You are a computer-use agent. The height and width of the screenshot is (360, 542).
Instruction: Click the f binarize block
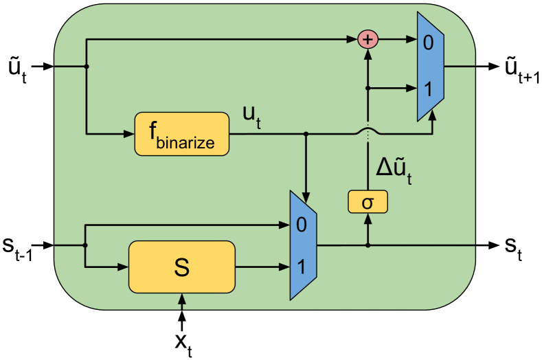[x=181, y=133]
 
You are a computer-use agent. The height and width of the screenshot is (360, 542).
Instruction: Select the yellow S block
[x=181, y=267]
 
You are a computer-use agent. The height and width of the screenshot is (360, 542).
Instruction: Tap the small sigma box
[x=368, y=202]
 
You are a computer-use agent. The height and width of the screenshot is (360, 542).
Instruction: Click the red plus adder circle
[x=368, y=40]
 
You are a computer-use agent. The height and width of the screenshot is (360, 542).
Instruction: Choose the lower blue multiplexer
[x=303, y=245]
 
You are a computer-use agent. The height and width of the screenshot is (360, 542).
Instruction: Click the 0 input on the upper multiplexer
[x=428, y=43]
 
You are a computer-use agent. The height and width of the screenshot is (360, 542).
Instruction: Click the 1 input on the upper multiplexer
[x=428, y=89]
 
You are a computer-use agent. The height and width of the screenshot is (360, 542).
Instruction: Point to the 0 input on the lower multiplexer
[x=300, y=224]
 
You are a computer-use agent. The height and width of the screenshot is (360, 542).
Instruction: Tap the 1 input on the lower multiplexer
[x=300, y=267]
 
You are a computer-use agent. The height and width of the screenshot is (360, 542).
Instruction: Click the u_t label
[x=251, y=116]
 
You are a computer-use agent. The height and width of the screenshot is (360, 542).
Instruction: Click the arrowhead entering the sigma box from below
[x=368, y=218]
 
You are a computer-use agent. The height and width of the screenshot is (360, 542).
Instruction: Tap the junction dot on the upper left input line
[x=87, y=67]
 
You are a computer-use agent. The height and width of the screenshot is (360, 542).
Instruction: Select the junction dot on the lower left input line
[x=85, y=245]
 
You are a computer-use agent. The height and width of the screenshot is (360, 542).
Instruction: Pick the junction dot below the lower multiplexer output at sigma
[x=368, y=245]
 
